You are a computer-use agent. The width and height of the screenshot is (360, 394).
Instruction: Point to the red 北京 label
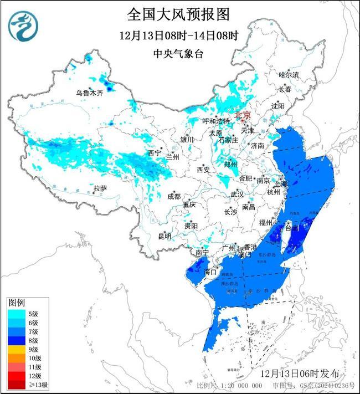tap(243, 115)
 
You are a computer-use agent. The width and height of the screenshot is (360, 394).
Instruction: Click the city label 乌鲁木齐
tap(89, 93)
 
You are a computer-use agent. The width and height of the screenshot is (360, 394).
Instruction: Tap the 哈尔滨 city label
tap(288, 74)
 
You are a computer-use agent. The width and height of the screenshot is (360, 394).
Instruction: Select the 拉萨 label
tap(100, 188)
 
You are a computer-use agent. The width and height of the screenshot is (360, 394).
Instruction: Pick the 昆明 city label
tap(164, 236)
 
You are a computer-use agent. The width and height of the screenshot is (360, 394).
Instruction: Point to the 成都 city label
tap(174, 196)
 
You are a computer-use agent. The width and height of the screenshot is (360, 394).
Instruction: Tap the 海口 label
tap(209, 272)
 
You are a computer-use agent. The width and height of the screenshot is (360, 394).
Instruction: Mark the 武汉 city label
tap(237, 195)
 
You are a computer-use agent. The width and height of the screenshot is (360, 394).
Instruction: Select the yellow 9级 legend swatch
tap(19, 350)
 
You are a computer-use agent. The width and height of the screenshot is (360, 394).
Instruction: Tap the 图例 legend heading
tap(17, 303)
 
